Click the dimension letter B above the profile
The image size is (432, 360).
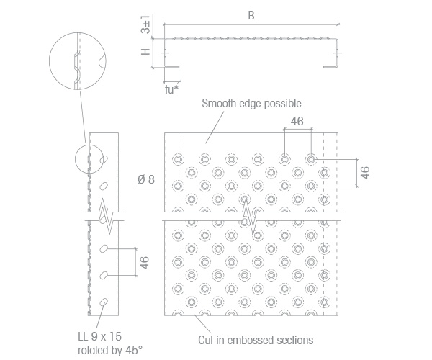251,15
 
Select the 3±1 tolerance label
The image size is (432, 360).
145,24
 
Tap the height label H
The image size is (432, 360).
145,52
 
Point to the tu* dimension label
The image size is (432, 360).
172,89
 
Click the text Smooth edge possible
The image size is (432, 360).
251,104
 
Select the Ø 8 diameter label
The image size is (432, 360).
146,179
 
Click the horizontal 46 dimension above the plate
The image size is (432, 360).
297,121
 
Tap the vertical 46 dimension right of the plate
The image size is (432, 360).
365,173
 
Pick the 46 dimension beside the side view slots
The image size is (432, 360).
145,263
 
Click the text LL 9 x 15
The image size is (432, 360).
100,336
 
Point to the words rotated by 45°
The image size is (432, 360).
110,351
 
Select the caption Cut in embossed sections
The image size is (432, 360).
256,340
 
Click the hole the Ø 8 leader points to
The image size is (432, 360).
178,186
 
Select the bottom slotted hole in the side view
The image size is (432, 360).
104,302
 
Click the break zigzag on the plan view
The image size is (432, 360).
249,217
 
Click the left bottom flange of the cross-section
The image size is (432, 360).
172,67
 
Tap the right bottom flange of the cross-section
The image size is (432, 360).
330,67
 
